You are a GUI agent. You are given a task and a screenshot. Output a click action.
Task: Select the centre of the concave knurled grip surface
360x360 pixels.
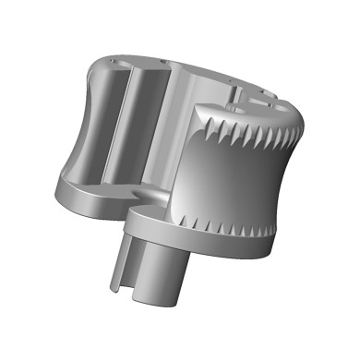pos(235,175)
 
